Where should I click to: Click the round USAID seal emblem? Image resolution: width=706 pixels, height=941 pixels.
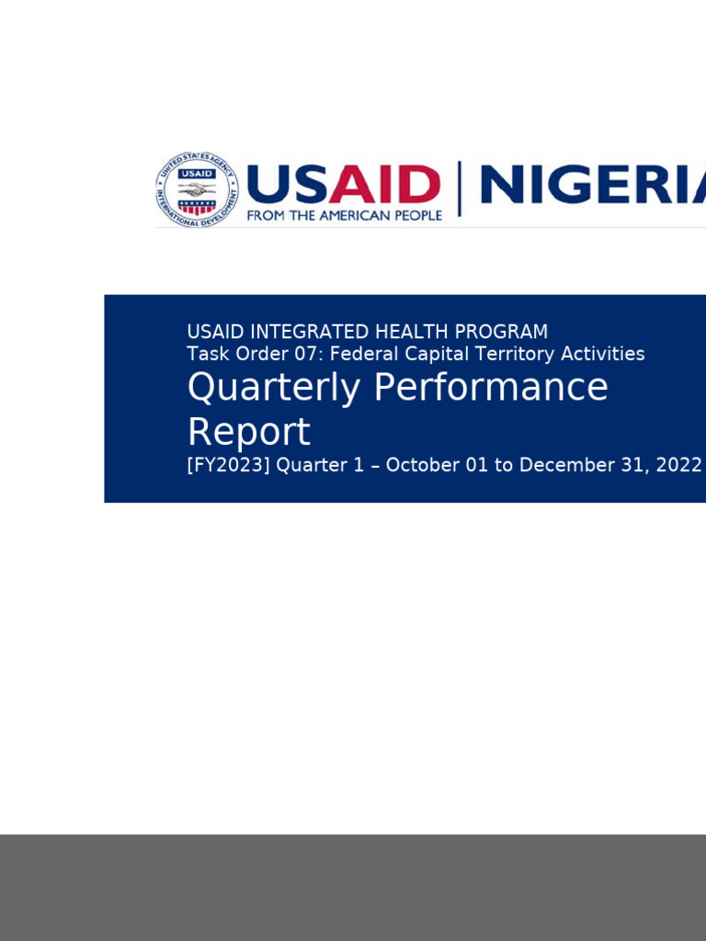point(197,189)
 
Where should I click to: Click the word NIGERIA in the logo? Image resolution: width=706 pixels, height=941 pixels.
point(593,186)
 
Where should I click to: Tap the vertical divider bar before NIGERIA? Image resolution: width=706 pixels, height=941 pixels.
point(459,188)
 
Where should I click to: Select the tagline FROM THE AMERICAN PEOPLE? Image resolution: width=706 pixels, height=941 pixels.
point(344,215)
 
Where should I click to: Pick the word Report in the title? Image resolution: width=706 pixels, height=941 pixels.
point(248,432)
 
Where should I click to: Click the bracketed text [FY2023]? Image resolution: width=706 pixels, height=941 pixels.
point(228,465)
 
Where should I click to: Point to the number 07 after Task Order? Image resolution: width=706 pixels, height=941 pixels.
point(299,354)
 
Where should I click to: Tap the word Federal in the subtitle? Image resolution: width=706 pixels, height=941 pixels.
point(361,354)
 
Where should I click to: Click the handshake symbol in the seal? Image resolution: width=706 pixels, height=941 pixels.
point(197,190)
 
